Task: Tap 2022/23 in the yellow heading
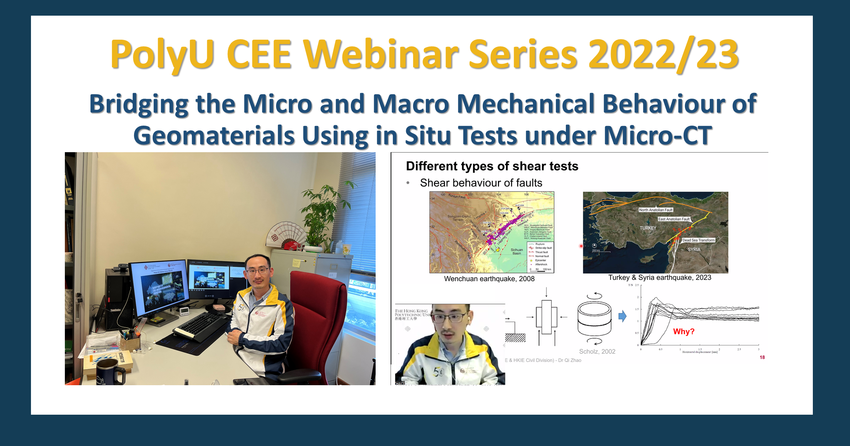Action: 663,55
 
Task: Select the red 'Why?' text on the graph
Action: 683,331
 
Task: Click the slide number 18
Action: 762,357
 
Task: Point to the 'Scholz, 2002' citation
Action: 597,351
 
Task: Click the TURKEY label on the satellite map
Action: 648,228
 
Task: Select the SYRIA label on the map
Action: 694,249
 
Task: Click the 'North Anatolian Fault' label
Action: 655,210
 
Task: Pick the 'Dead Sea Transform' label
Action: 698,240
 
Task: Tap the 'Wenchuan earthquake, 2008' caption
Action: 489,279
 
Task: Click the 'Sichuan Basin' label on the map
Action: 516,251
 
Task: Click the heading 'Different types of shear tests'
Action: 492,166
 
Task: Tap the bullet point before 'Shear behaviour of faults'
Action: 408,183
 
